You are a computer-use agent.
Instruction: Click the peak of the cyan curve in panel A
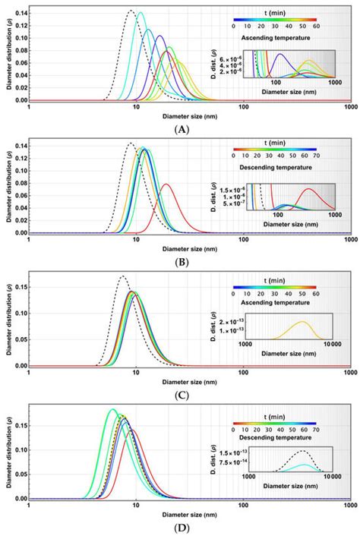click(x=140, y=12)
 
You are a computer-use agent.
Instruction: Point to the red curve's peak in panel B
click(x=166, y=184)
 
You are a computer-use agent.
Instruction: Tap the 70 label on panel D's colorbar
click(x=316, y=424)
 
